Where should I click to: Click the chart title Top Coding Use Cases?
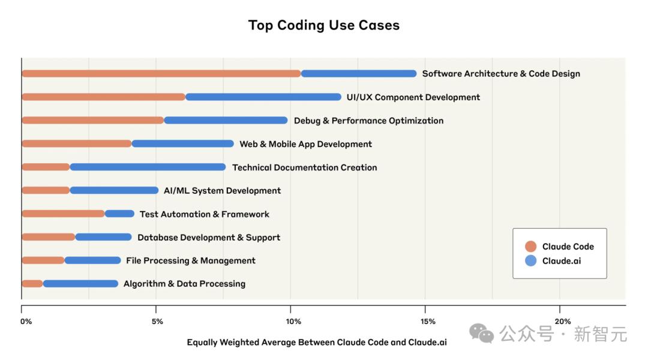pos(324,25)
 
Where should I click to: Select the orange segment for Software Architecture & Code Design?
pos(161,74)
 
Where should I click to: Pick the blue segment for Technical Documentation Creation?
pos(148,167)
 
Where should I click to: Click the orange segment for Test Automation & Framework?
pos(63,214)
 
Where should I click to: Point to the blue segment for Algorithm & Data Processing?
pos(81,284)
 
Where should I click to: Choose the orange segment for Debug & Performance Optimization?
pos(92,121)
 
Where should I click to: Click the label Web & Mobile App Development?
pos(305,144)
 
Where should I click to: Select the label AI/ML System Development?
pos(222,191)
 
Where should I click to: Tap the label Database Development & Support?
pos(209,238)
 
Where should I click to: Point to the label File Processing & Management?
pos(191,261)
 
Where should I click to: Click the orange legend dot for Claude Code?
pos(530,247)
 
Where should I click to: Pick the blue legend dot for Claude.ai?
pos(530,261)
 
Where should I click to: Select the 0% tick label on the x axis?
pos(26,322)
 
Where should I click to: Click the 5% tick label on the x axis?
pos(157,322)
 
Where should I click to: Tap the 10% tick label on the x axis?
pos(293,322)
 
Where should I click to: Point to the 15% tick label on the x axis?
pos(428,322)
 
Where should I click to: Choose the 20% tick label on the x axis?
pos(563,322)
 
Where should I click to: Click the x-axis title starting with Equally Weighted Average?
pos(317,343)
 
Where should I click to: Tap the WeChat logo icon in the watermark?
pos(482,333)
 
